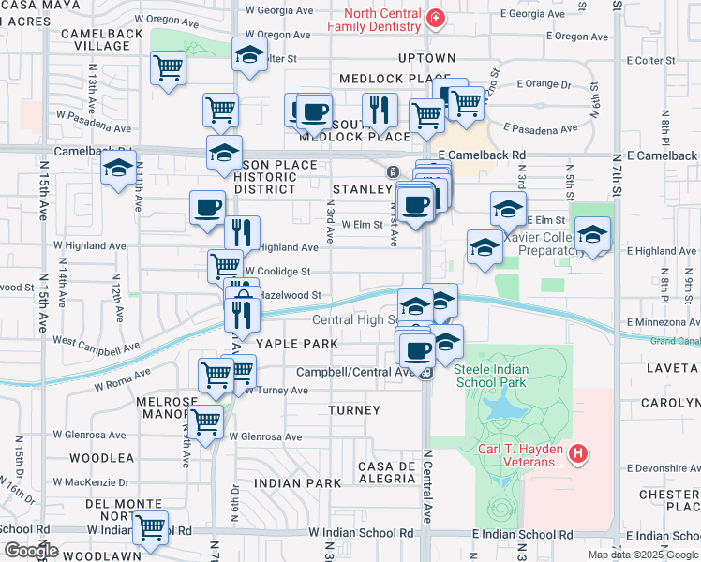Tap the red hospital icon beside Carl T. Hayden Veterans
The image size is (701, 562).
(579, 455)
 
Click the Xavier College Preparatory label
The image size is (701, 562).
(531, 244)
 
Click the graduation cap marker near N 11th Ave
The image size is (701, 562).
(118, 170)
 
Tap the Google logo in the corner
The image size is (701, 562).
(31, 550)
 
